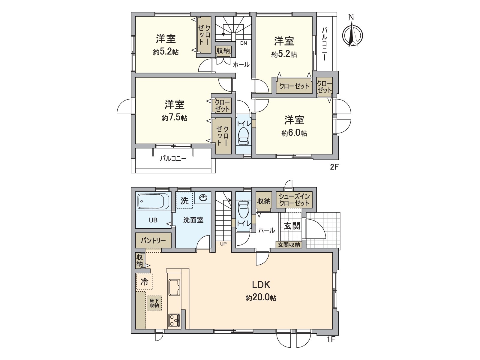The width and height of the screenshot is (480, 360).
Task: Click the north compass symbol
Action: (x=352, y=34)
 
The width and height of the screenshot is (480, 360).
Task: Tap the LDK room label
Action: (x=261, y=284)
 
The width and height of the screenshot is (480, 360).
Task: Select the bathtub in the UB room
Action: (x=153, y=201)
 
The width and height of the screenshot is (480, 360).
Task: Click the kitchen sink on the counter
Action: (x=174, y=287)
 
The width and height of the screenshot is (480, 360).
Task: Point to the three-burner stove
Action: (x=174, y=320)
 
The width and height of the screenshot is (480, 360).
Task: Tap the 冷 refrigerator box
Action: (x=144, y=282)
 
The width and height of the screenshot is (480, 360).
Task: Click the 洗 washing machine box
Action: (x=184, y=200)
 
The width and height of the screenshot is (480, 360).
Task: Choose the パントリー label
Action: (x=153, y=241)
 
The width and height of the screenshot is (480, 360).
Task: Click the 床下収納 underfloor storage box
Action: (x=154, y=303)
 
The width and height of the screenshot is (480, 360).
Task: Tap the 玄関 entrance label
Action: (x=292, y=226)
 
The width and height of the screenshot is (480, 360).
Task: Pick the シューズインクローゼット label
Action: (x=294, y=200)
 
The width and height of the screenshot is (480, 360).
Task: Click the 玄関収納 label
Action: (x=289, y=245)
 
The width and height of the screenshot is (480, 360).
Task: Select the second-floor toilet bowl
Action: (x=243, y=137)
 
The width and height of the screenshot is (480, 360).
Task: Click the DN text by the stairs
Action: (x=243, y=43)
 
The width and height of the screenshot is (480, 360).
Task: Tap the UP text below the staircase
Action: (x=223, y=244)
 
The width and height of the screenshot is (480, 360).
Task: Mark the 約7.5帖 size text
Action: (x=174, y=118)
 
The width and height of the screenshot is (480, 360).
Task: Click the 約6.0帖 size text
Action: (x=294, y=133)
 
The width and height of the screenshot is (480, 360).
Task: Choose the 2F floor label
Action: (x=334, y=167)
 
